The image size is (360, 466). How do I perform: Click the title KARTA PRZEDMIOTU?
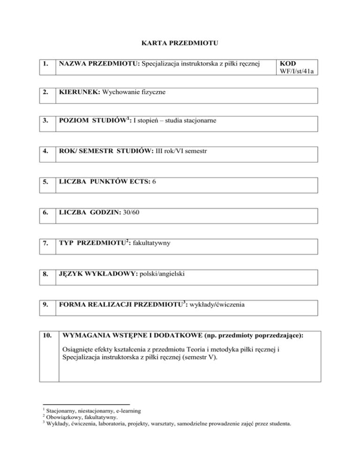(180, 44)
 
